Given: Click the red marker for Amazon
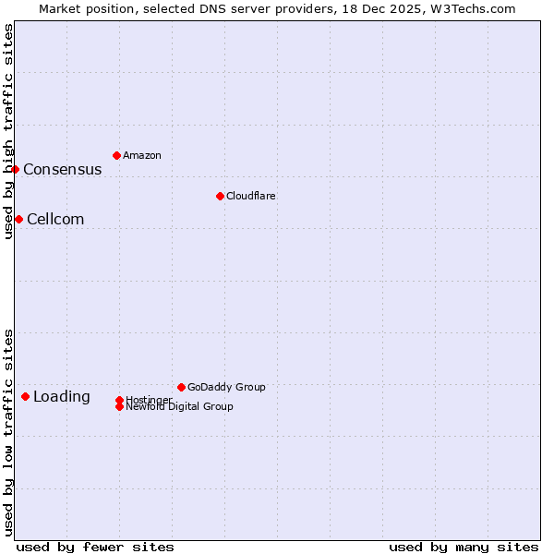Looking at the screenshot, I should tap(116, 155).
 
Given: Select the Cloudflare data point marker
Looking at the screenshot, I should tap(220, 196).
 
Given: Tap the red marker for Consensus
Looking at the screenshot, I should tap(15, 169).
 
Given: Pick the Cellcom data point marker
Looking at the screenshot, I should tap(18, 219).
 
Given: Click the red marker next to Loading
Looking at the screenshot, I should tap(25, 396).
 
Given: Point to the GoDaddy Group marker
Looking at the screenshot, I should tap(181, 387).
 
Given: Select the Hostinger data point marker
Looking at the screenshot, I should tap(119, 400).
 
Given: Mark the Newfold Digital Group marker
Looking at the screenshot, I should tap(120, 406).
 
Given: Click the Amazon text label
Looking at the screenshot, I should tap(142, 155).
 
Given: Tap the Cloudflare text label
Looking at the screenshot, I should tap(251, 196).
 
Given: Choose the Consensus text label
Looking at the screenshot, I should tap(63, 169).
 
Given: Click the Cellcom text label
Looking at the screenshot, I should tap(55, 219).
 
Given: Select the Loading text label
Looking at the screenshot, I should tap(62, 396).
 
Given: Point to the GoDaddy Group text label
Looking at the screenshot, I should tap(226, 387).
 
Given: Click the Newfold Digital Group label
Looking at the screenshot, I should tap(180, 407).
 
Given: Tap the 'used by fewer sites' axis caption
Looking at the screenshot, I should tap(95, 547).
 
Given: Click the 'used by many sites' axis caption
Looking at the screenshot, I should tap(464, 547).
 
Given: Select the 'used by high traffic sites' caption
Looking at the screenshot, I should tap(8, 131).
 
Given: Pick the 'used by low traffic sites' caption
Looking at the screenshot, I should tap(8, 431).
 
